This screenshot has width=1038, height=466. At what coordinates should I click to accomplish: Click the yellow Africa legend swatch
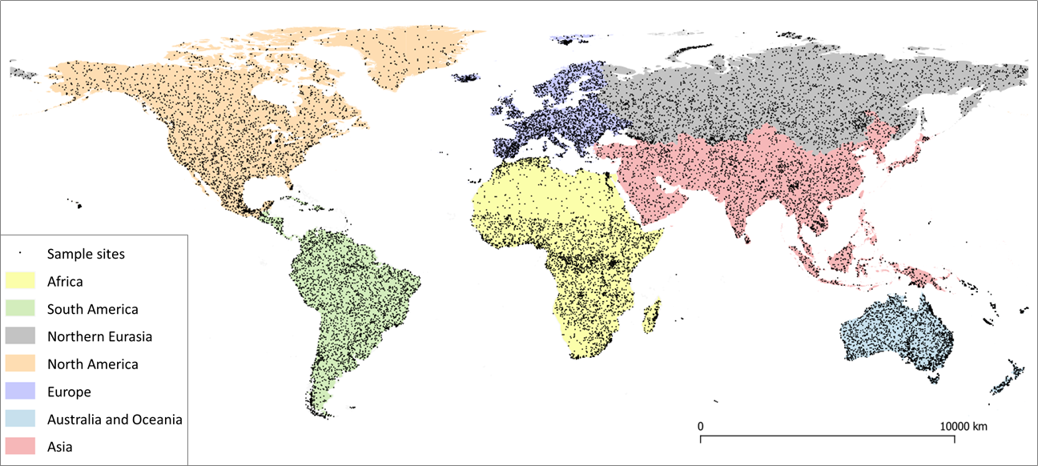(21, 281)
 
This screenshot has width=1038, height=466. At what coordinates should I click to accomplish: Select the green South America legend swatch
(21, 309)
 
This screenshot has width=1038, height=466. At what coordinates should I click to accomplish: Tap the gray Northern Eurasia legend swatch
(21, 336)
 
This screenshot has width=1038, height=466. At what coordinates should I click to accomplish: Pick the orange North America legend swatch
(21, 364)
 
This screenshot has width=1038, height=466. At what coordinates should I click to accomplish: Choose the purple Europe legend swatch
(21, 392)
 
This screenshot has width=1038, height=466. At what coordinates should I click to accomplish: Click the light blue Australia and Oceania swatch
(21, 420)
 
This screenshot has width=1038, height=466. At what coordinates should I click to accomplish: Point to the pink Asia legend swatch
(21, 447)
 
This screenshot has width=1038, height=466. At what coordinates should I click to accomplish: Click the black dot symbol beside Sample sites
(21, 254)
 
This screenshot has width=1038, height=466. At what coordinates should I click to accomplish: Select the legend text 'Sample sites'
(86, 254)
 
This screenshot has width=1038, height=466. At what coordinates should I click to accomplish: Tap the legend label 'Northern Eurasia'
(99, 336)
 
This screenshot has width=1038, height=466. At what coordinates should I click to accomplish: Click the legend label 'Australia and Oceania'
(115, 420)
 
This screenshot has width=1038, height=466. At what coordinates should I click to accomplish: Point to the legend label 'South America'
(92, 309)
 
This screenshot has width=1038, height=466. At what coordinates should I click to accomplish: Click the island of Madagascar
(652, 315)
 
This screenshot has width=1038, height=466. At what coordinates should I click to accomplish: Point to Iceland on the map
(466, 78)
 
